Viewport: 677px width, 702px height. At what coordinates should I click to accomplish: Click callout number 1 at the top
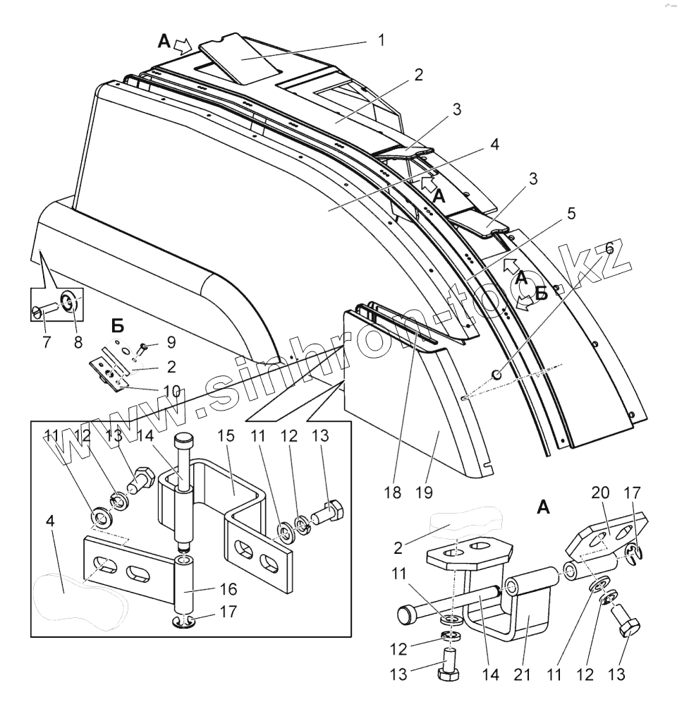pos(382,40)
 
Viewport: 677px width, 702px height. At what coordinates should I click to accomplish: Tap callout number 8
pos(171,390)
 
